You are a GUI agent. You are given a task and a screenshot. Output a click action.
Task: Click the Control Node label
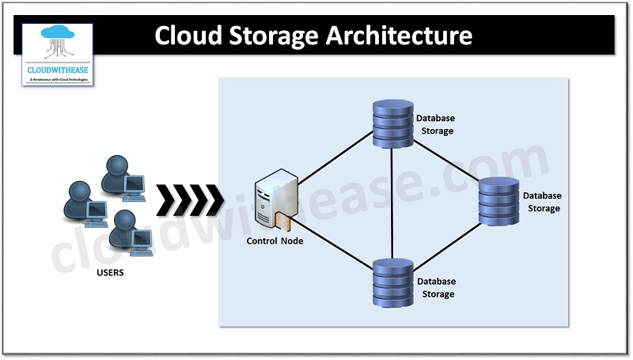(275, 241)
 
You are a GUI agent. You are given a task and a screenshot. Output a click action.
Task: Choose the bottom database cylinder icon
(392, 284)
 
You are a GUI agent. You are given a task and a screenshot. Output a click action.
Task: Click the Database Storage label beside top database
(436, 124)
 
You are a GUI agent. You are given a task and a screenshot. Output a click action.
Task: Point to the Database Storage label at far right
(542, 202)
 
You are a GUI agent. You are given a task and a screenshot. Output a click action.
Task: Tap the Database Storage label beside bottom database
(436, 287)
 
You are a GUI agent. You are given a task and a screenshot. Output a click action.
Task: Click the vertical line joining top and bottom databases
(392, 202)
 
